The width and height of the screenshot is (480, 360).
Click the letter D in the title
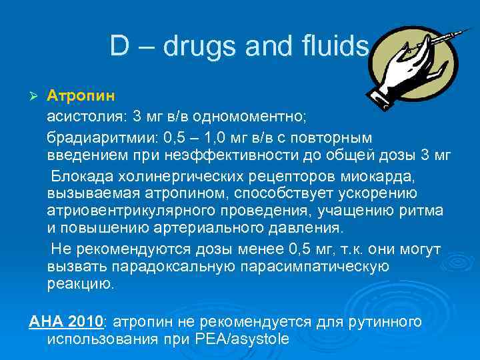coord(119,46)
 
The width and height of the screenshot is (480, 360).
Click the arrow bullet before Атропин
coord(35,96)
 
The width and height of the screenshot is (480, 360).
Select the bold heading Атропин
coord(76,96)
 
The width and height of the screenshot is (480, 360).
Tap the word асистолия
coord(83,117)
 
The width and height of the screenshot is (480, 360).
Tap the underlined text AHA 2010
coord(67,322)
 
